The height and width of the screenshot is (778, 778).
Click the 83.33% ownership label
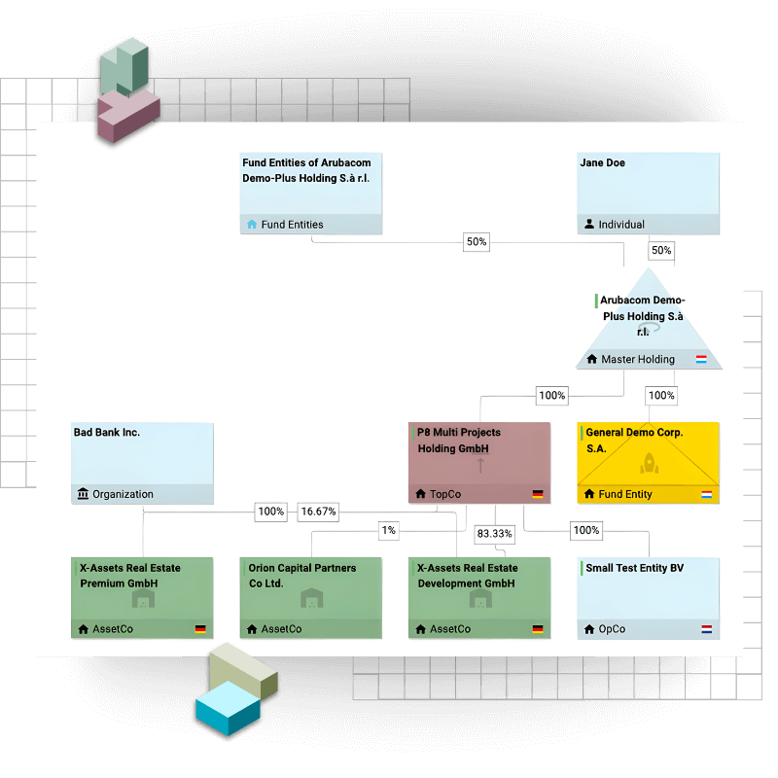click(x=494, y=534)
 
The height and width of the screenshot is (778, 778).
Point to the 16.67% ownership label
click(x=318, y=512)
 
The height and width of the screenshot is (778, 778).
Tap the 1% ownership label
click(x=389, y=530)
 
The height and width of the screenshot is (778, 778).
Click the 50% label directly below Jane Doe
click(x=661, y=251)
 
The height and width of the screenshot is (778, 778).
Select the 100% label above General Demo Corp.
click(x=661, y=396)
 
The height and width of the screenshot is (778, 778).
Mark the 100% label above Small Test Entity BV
click(x=586, y=530)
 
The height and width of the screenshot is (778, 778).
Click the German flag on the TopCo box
click(x=538, y=495)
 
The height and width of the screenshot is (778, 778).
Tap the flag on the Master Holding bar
click(x=701, y=360)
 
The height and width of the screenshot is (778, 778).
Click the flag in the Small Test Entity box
click(x=706, y=629)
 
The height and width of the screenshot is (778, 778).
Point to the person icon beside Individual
click(x=589, y=225)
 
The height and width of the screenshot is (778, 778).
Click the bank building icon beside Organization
click(x=83, y=494)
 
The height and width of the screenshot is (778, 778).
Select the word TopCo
click(x=445, y=494)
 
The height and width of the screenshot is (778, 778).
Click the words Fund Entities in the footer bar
click(x=292, y=225)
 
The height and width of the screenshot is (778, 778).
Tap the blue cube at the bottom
click(x=228, y=709)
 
